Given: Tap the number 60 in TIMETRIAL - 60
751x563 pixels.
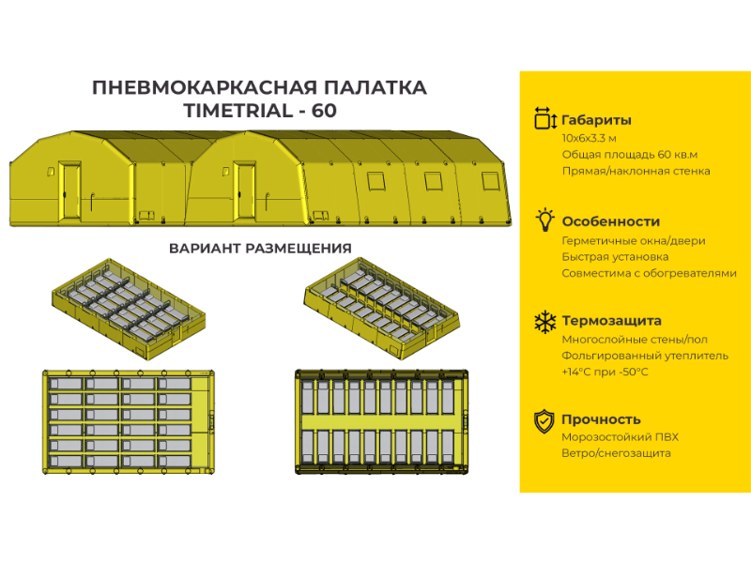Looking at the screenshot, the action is [x=324, y=111].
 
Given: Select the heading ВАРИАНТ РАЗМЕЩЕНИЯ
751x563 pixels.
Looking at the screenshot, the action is [x=260, y=249].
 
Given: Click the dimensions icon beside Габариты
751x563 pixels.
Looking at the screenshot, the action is [x=545, y=118].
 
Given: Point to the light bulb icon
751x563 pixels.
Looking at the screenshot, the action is [x=544, y=220].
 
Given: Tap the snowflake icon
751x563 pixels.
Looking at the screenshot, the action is [x=545, y=322].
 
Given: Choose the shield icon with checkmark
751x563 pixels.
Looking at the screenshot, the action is [x=544, y=421].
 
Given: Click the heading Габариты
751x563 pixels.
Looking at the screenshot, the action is [x=596, y=120].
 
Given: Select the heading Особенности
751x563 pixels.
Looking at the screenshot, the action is [x=611, y=221].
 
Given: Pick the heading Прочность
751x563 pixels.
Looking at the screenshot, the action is [x=601, y=419].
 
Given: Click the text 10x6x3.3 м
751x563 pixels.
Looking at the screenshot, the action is [x=590, y=138].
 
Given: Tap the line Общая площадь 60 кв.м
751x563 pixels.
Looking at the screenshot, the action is [x=630, y=155].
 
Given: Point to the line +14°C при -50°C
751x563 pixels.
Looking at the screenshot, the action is [x=605, y=372].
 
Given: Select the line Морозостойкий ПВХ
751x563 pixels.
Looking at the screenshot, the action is [x=621, y=437].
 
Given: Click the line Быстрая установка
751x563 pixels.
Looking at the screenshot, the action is [x=615, y=257].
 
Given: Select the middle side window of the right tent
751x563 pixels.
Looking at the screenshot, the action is [x=434, y=181].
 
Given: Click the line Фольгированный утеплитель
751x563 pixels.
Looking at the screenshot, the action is [x=645, y=357].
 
